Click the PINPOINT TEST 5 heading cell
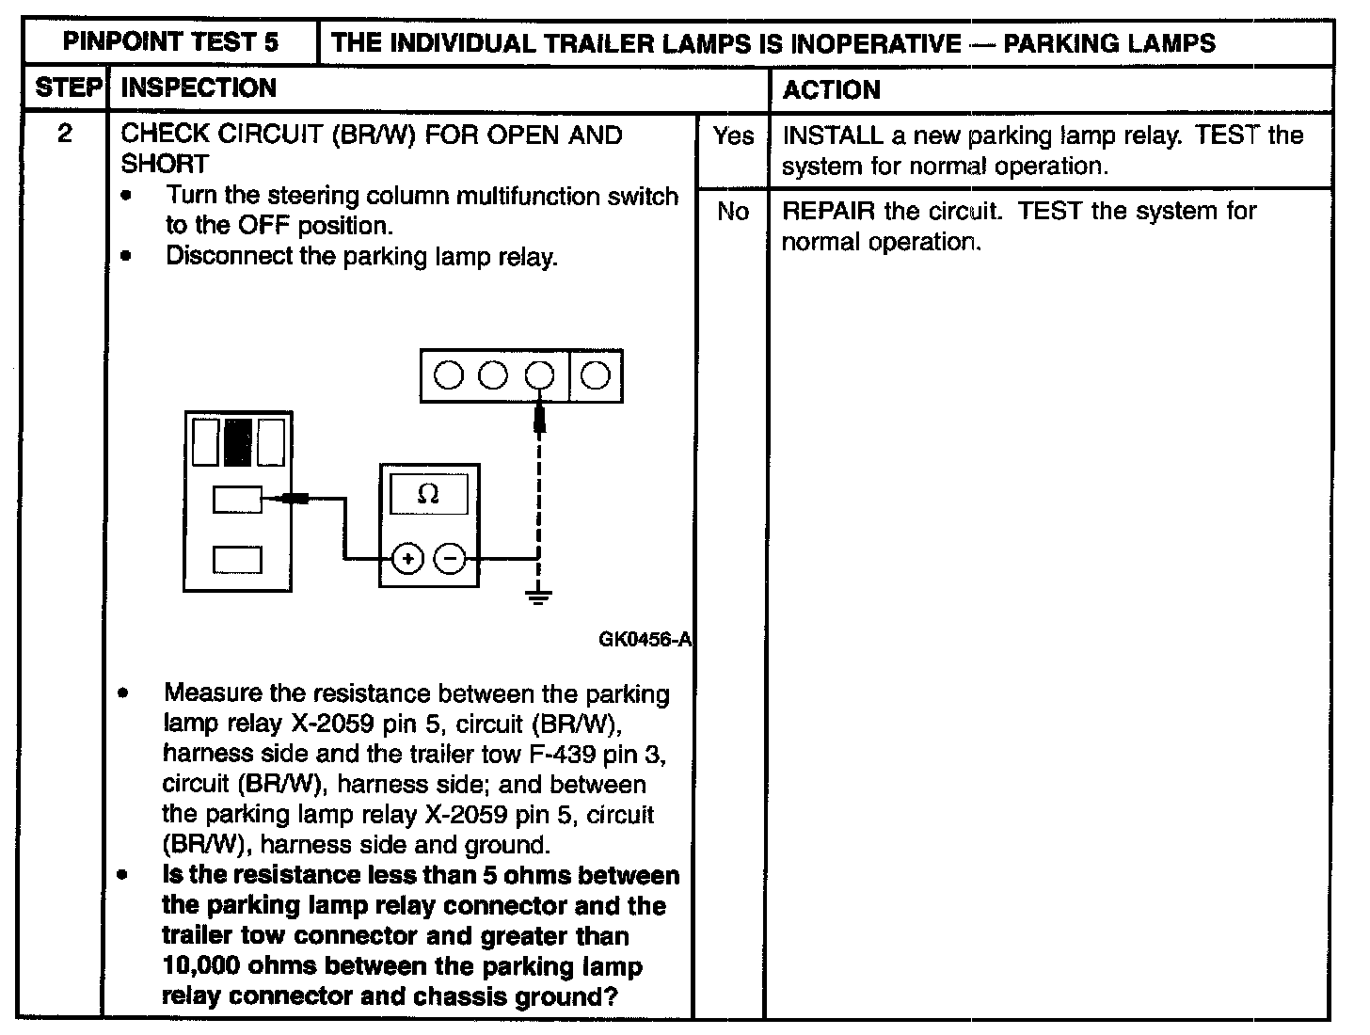170,42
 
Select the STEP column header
67,88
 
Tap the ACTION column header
832,90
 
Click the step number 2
65,134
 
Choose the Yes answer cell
732,136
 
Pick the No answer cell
732,212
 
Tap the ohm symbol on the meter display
428,494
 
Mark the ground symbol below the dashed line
538,596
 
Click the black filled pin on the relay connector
237,442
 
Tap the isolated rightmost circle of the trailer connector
595,376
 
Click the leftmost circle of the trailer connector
449,376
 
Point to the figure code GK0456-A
645,640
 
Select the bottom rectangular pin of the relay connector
237,559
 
